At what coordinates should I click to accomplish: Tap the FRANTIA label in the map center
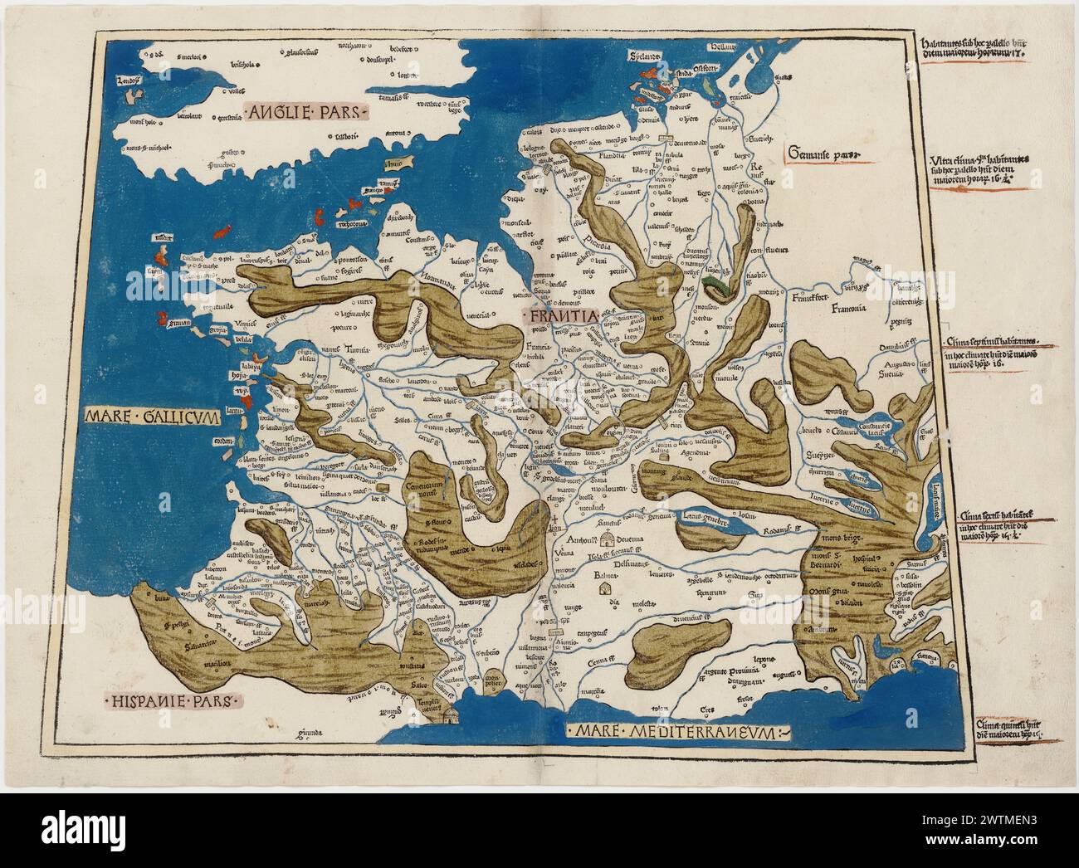point(559,316)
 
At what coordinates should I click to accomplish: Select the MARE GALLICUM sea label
point(151,418)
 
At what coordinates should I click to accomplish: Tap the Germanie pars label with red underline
point(822,155)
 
